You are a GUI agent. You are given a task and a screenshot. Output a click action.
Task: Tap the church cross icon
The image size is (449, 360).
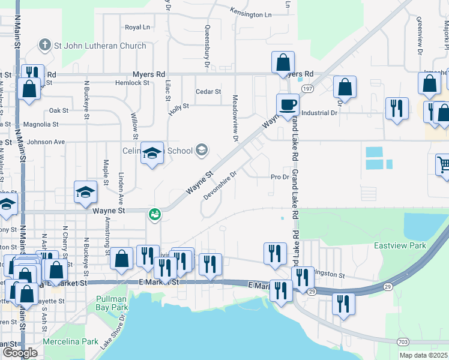pyautogui.click(x=44, y=45)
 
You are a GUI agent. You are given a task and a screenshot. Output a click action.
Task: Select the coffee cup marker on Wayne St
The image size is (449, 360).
pyautogui.click(x=288, y=104)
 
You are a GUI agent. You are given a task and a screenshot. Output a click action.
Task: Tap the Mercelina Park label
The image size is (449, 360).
pyautogui.click(x=70, y=341)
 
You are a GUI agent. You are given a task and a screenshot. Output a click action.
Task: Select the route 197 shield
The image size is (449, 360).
pyautogui.click(x=307, y=88)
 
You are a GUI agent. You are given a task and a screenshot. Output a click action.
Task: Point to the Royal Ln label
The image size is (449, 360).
pyautogui.click(x=137, y=28)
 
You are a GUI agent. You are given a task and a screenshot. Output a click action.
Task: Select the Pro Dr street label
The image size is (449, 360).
pyautogui.click(x=280, y=177)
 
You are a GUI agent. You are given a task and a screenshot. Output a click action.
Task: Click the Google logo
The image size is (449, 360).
pyautogui.click(x=20, y=353)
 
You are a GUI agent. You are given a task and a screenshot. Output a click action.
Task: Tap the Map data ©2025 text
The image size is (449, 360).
pyautogui.click(x=423, y=355)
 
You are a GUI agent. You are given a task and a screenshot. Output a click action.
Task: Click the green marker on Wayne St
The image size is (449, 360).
pyautogui.click(x=155, y=213)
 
